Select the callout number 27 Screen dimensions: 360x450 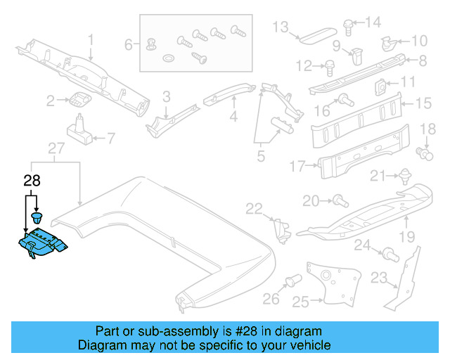point(56,148)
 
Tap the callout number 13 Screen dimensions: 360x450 point(281,27)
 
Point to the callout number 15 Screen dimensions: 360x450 point(423,103)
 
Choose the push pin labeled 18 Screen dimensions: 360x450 point(424,150)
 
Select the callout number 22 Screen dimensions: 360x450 point(253,207)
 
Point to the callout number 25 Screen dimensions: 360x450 point(300,302)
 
